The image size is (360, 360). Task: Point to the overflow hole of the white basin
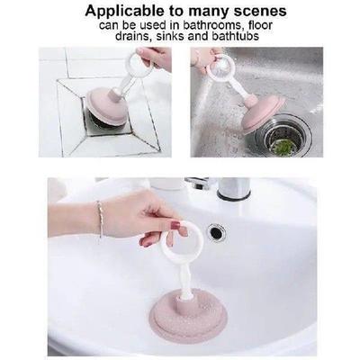pos(216,232)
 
